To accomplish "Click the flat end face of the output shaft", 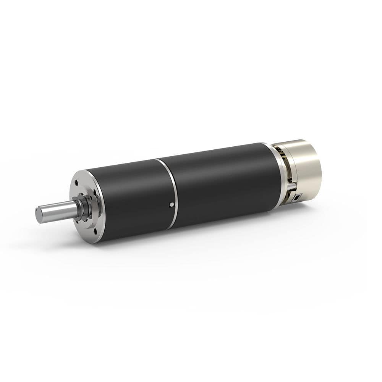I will (39, 215).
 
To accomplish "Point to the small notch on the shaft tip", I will (37, 210).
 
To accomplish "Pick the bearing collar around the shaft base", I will (83, 208).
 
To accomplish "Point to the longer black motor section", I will (222, 180).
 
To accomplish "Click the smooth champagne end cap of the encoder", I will (308, 164).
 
